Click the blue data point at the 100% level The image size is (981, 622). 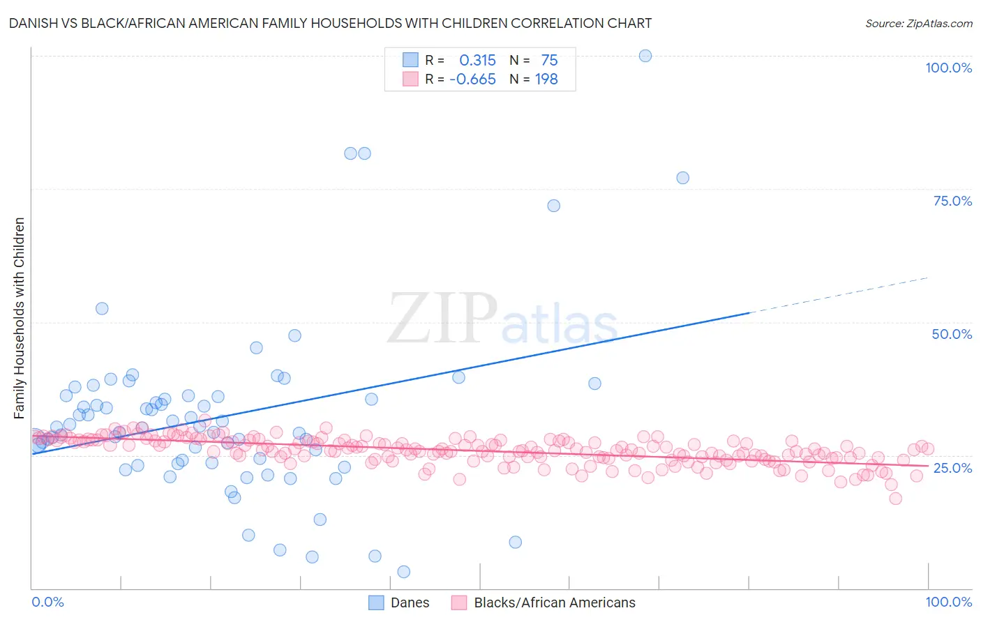click(645, 56)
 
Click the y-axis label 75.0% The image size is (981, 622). click(952, 201)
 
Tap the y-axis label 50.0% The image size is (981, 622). click(952, 334)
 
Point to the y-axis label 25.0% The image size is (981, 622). click(952, 467)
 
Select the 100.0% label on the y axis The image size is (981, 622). click(948, 68)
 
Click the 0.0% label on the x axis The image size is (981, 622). click(48, 602)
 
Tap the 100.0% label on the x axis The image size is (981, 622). click(948, 602)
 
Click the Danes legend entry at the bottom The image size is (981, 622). click(410, 602)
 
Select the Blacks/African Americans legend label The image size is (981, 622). click(555, 602)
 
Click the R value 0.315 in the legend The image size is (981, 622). click(477, 61)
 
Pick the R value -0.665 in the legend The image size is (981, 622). click(472, 79)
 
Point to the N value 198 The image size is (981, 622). click(546, 79)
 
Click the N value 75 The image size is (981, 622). click(549, 61)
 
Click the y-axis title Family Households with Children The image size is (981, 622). click(20, 318)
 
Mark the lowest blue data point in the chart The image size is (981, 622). click(403, 572)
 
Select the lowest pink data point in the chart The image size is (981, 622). click(896, 498)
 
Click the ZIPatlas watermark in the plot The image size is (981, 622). click(502, 319)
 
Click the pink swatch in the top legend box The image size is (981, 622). click(410, 79)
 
